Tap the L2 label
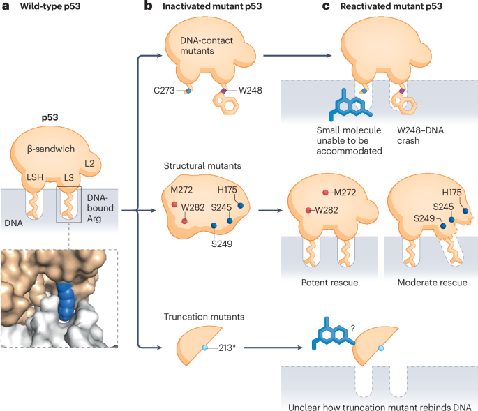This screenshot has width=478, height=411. pos(89,163)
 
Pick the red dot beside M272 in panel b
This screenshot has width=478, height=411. pos(174,204)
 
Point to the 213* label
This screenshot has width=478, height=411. pos(222,347)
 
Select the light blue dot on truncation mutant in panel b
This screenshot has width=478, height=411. pos(204,348)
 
